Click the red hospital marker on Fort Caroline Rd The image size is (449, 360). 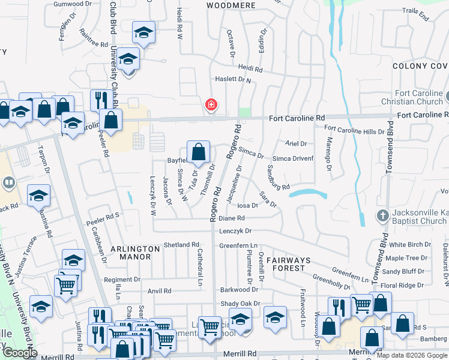point(211,105)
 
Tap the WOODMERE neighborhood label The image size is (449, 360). point(231,5)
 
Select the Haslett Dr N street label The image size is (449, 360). point(232,80)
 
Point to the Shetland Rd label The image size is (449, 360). point(181,245)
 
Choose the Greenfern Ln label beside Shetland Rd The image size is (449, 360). point(238,245)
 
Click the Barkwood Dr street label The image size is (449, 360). point(238,289)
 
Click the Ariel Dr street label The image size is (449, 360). point(296,144)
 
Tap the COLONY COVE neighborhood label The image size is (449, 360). point(420,65)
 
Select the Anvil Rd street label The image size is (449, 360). point(160,291)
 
